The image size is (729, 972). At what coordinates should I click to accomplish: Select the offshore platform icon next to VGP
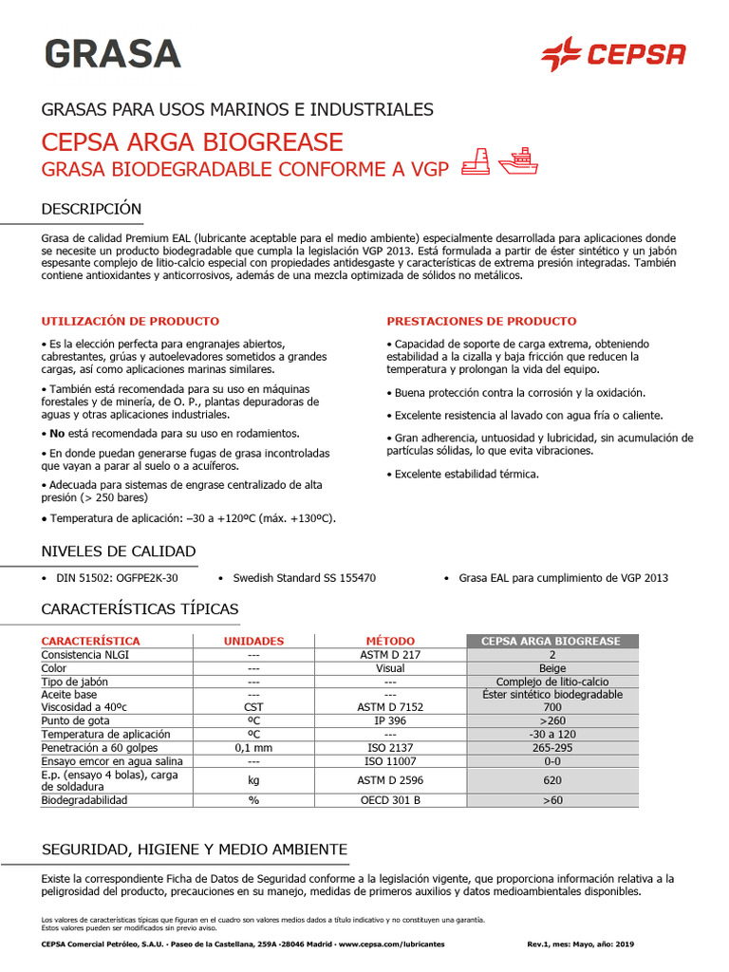point(476,162)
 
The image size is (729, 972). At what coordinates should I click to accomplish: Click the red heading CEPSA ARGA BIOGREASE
point(191,142)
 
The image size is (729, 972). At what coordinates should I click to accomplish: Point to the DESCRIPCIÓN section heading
point(91,209)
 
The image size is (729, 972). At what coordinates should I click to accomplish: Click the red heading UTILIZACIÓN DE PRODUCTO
point(130,322)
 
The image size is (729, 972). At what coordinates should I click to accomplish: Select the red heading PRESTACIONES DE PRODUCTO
point(481,322)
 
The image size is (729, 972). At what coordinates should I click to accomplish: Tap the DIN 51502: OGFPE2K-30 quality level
point(118,577)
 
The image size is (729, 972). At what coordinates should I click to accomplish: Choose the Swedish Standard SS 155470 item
point(304,577)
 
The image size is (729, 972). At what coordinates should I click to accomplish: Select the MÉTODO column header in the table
point(390,641)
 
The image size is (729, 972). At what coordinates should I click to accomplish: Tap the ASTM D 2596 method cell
point(390,780)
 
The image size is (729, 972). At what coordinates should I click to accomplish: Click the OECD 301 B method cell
point(390,800)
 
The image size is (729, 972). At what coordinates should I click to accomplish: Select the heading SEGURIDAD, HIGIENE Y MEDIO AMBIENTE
point(195,849)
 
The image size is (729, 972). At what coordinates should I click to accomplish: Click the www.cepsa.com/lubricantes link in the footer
point(391,944)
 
